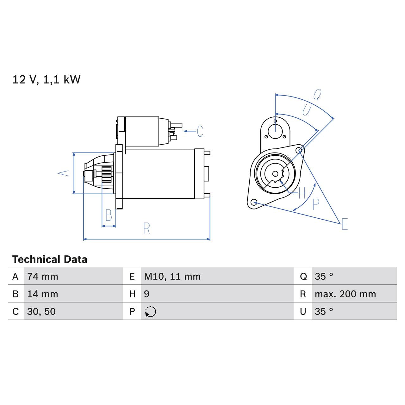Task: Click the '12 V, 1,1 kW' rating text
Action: (46, 79)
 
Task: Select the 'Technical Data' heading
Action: (50, 259)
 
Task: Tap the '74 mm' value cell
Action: (43, 277)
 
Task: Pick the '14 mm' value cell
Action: (43, 294)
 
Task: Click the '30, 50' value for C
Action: (41, 312)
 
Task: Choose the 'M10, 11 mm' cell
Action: (172, 277)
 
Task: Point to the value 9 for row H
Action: (146, 294)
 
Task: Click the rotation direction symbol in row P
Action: (151, 312)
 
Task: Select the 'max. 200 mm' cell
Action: (345, 294)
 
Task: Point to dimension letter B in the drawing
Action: (109, 215)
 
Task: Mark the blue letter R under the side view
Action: (146, 228)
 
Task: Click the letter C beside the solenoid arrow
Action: (200, 131)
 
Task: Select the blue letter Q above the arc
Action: (317, 94)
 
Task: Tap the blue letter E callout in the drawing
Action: (345, 224)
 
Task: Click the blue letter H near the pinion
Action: (302, 193)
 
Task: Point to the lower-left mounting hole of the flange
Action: (253, 202)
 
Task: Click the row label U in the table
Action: (303, 312)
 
